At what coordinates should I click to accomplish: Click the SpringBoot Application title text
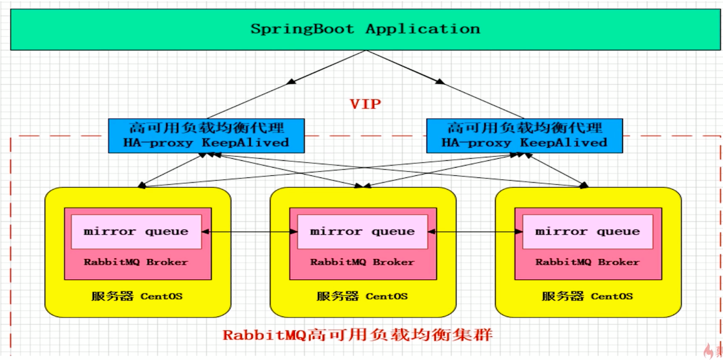point(365,29)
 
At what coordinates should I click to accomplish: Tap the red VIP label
point(365,104)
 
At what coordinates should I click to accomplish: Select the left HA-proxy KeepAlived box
point(206,136)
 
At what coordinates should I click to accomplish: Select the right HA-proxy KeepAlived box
point(524,136)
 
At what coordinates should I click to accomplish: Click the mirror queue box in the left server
point(136,231)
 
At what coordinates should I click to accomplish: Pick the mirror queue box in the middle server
point(362,231)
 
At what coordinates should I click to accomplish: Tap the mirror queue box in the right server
point(587,231)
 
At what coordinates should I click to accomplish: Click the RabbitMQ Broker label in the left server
point(136,262)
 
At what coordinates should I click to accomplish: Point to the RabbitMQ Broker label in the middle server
point(362,262)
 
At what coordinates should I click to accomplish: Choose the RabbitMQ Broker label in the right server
point(587,262)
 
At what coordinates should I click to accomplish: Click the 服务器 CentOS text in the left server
point(137,296)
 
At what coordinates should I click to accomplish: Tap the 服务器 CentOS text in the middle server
point(362,296)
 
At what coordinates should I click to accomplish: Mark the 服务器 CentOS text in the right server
point(587,296)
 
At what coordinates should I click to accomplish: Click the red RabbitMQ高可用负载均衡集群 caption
point(358,335)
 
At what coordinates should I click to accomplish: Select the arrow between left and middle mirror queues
point(250,231)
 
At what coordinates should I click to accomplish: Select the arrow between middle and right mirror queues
point(475,231)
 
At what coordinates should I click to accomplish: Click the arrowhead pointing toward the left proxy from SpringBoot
point(291,81)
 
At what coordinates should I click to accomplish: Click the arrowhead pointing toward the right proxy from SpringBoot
point(439,81)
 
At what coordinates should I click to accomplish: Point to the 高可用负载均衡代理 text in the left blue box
point(206,128)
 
